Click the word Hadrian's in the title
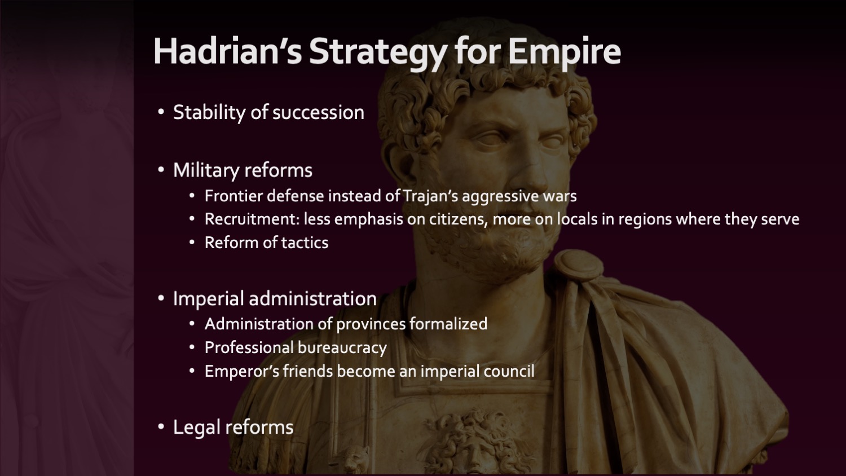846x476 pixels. pyautogui.click(x=227, y=51)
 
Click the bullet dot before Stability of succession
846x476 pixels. pyautogui.click(x=161, y=112)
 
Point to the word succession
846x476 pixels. pyautogui.click(x=318, y=113)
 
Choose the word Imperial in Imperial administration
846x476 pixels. pyautogui.click(x=209, y=299)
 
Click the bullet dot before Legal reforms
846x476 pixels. pyautogui.click(x=161, y=427)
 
